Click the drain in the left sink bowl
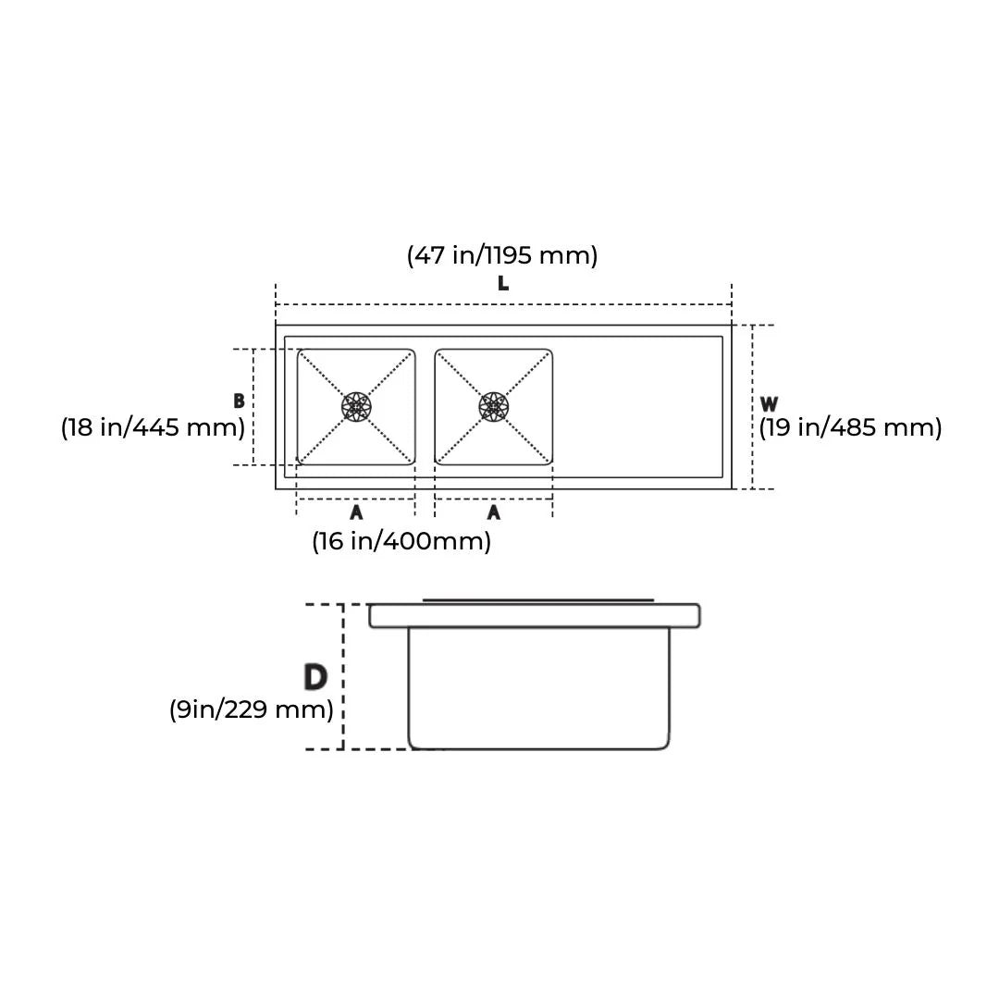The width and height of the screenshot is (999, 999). (x=356, y=406)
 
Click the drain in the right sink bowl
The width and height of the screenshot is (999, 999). (x=494, y=406)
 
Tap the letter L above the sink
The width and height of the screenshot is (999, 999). (x=503, y=284)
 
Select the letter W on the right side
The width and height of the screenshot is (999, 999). (x=769, y=404)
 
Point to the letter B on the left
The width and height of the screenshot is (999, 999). (x=239, y=401)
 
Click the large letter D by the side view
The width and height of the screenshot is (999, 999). (x=315, y=677)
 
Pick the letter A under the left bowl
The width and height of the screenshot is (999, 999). (x=356, y=512)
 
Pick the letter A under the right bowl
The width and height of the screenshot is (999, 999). (x=494, y=512)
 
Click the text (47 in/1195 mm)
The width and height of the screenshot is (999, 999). (x=502, y=254)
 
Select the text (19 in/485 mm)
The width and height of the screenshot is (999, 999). (x=850, y=427)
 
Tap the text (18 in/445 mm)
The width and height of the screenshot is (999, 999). (x=154, y=427)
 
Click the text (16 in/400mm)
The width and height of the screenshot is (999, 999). (x=401, y=541)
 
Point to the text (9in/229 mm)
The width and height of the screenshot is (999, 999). (x=251, y=709)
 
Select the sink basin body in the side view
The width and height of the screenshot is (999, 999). (x=538, y=689)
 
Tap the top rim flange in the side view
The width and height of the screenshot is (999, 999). (x=534, y=616)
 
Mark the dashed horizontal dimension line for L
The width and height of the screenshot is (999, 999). (x=503, y=304)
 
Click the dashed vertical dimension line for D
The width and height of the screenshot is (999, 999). (x=343, y=677)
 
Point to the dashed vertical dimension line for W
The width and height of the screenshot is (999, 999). (x=753, y=407)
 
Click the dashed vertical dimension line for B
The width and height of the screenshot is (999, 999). (x=253, y=407)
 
